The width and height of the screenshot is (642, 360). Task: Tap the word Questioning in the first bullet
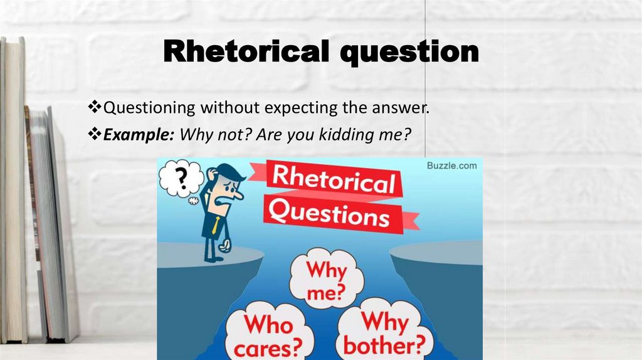[149, 107]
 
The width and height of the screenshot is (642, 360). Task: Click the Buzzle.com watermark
[451, 166]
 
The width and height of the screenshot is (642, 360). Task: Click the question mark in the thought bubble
[181, 179]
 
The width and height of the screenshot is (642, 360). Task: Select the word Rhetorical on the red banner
[332, 181]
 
